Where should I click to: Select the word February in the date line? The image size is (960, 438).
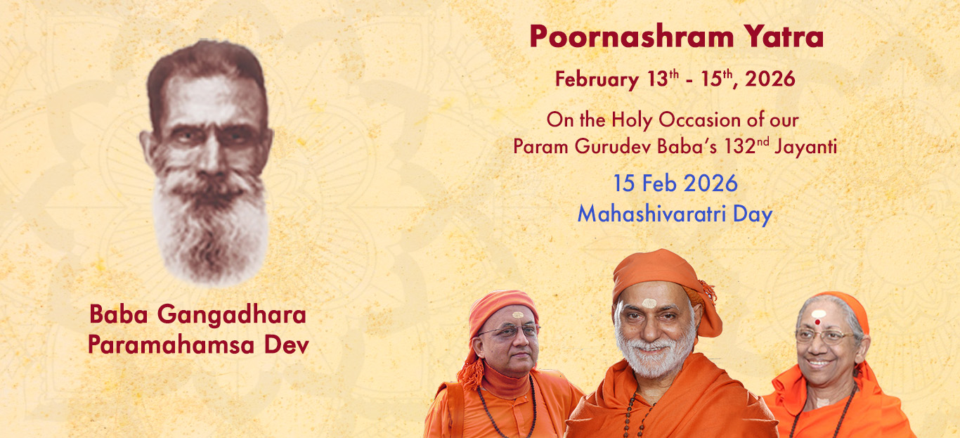pos(597,79)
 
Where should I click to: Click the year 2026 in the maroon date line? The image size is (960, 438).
pos(770,79)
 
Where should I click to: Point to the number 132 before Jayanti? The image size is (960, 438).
pos(739,146)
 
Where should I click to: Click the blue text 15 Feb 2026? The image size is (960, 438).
pos(675,183)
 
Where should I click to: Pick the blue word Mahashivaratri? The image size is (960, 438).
pos(651,214)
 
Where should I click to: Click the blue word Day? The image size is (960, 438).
pos(753,214)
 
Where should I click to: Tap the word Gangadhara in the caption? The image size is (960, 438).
pos(231,316)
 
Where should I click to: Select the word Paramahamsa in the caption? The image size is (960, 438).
pos(171,344)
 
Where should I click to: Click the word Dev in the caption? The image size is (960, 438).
pos(286,344)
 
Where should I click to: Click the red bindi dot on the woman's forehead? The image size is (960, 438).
pos(817,322)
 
